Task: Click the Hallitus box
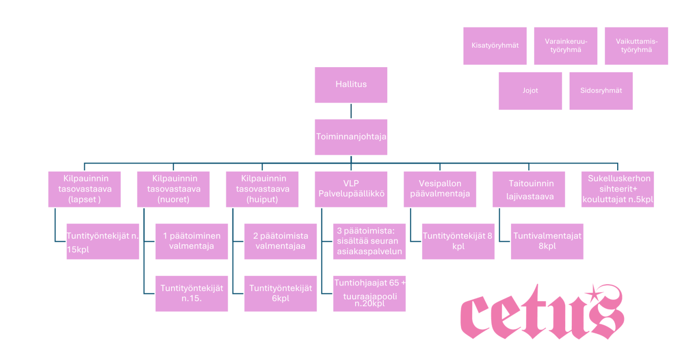(351, 85)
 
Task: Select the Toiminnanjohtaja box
(351, 137)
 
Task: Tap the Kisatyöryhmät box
(495, 46)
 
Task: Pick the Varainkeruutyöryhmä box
(565, 46)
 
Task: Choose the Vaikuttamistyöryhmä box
(636, 46)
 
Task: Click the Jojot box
(530, 91)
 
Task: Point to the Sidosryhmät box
(601, 91)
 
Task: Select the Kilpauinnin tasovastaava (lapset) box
(84, 189)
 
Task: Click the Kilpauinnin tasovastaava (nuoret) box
(173, 189)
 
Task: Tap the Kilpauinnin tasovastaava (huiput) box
(262, 189)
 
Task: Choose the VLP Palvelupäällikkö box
(351, 189)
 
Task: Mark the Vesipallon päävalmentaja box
(440, 189)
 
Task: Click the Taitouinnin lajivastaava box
(528, 189)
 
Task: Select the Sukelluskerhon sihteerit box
(617, 189)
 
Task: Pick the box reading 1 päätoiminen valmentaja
(191, 241)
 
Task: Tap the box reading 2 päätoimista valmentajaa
(280, 241)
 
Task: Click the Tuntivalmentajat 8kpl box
(547, 241)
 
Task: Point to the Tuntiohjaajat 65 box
(369, 293)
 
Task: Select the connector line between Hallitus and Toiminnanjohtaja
(351, 111)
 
